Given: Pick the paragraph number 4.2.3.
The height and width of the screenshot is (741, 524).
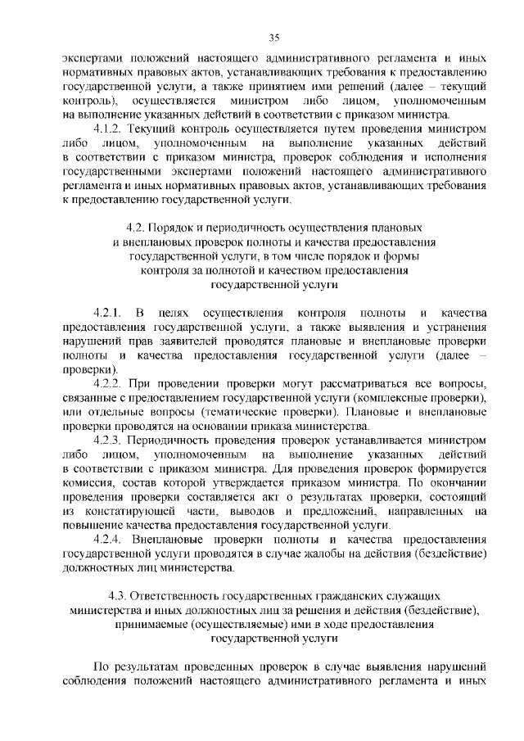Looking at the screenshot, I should [x=109, y=440].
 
